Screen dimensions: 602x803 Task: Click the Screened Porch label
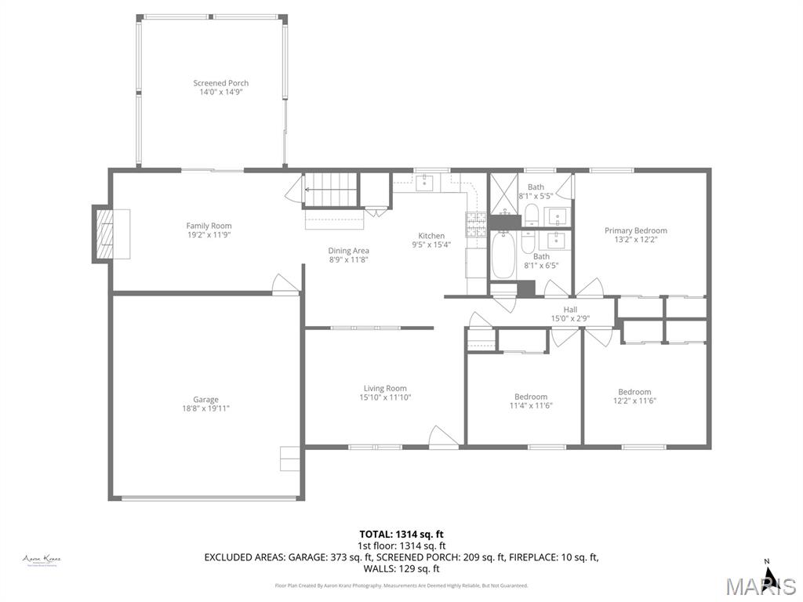coord(221,83)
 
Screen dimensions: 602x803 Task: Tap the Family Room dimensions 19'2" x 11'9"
coord(209,234)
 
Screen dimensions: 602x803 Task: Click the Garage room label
coord(206,399)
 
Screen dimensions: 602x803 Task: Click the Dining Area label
coord(348,251)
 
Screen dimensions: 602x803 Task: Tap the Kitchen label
coord(431,236)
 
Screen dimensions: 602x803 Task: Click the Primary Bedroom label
coord(635,230)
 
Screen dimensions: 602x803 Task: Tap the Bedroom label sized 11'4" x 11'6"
coord(531,397)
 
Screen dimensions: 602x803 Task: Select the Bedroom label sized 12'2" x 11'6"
coord(634,392)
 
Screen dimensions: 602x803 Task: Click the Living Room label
coord(385,388)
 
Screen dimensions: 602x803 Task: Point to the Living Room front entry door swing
coord(441,437)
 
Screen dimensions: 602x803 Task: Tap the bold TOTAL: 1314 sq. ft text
coord(401,534)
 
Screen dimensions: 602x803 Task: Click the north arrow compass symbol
coord(770,576)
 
